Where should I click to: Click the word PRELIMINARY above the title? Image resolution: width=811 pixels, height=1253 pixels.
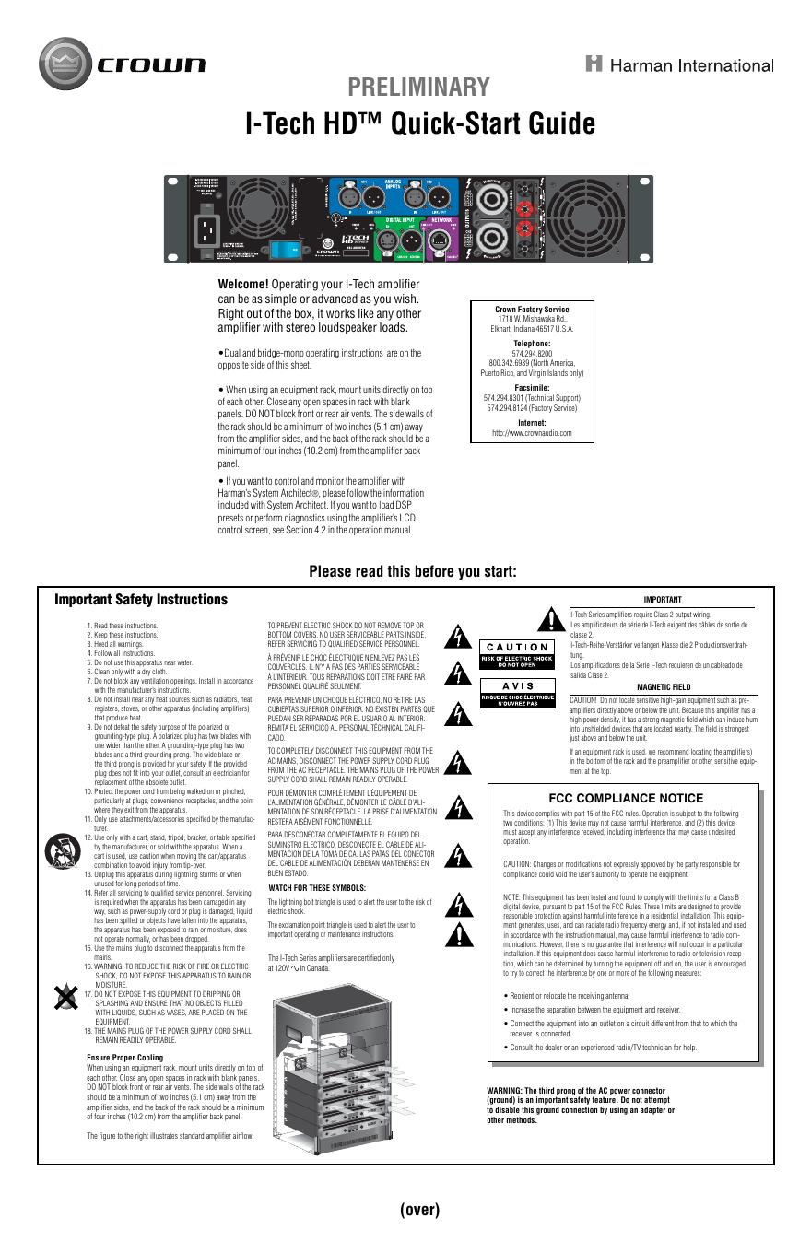[418, 88]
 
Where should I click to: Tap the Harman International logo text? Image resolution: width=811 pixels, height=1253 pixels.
[680, 64]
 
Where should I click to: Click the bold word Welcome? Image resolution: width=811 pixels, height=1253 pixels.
[242, 284]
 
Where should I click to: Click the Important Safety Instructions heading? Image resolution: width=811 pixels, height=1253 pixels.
[141, 600]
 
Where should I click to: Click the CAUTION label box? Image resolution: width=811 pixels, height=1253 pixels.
[517, 648]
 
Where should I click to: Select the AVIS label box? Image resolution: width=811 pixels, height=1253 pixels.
[517, 687]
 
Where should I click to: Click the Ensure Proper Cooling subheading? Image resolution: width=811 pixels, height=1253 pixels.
[124, 1057]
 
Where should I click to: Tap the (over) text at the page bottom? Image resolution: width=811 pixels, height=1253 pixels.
[419, 1210]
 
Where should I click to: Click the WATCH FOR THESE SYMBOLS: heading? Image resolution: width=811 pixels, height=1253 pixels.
[316, 887]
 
